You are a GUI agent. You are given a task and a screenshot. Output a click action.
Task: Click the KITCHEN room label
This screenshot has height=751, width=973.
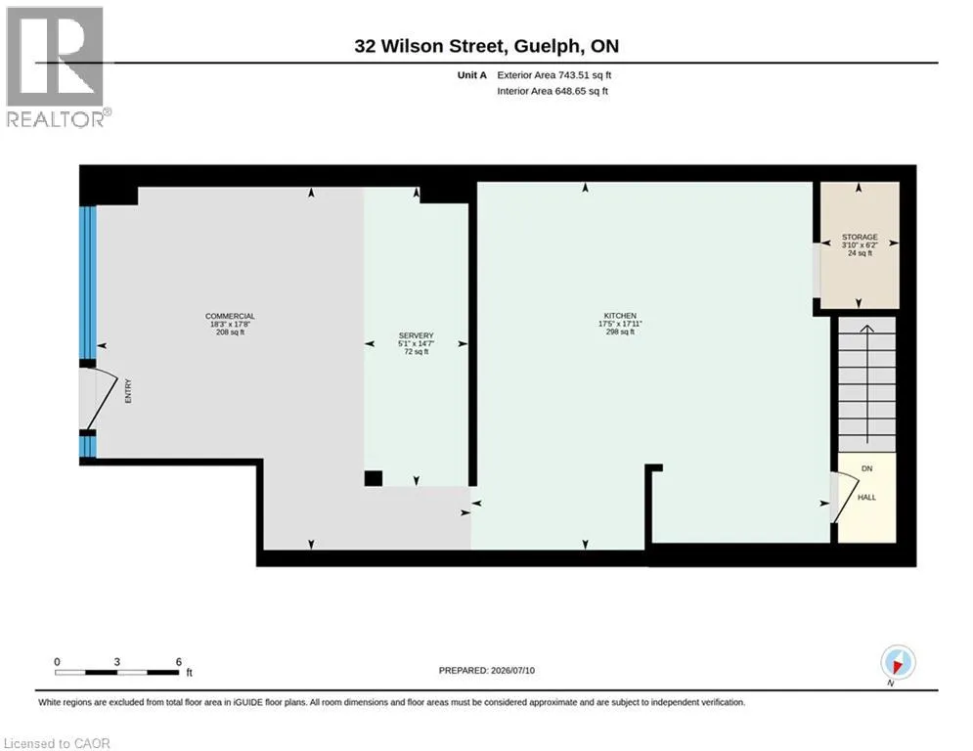[x=620, y=315]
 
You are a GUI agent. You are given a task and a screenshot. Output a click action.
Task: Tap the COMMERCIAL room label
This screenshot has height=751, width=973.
[x=230, y=316]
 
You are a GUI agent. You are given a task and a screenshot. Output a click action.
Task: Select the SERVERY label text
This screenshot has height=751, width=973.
[x=416, y=335]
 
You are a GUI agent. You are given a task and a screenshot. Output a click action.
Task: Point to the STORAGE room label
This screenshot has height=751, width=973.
[x=860, y=237]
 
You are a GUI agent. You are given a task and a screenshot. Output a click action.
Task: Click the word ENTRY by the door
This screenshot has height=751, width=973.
[x=128, y=391]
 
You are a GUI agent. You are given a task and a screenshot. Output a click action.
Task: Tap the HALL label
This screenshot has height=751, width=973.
[x=866, y=497]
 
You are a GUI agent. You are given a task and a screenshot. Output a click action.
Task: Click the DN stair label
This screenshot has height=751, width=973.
[x=866, y=468]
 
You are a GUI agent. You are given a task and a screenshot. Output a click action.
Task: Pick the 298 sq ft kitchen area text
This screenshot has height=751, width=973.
[x=620, y=332]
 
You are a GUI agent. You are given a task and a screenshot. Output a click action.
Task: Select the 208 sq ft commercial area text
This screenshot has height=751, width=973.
[x=230, y=332]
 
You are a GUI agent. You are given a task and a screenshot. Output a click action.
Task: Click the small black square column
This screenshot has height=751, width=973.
[x=373, y=478]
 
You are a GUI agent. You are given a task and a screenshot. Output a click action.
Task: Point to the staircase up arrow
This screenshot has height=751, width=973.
[x=866, y=384]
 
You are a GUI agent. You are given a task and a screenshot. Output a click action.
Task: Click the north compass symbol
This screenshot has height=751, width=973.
[x=898, y=663]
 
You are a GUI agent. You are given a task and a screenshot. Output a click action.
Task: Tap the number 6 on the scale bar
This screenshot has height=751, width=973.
[x=179, y=662]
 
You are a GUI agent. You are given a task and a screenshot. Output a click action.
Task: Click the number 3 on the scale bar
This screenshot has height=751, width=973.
[x=116, y=662]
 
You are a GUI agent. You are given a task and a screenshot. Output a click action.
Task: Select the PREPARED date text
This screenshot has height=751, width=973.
[x=487, y=670]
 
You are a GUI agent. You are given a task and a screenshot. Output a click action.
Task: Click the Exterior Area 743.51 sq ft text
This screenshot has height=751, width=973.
[x=554, y=75]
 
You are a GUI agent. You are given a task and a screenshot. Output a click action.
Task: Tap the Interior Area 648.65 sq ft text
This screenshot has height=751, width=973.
[x=553, y=91]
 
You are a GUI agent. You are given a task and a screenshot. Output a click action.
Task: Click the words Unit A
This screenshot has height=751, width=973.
[x=472, y=75]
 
